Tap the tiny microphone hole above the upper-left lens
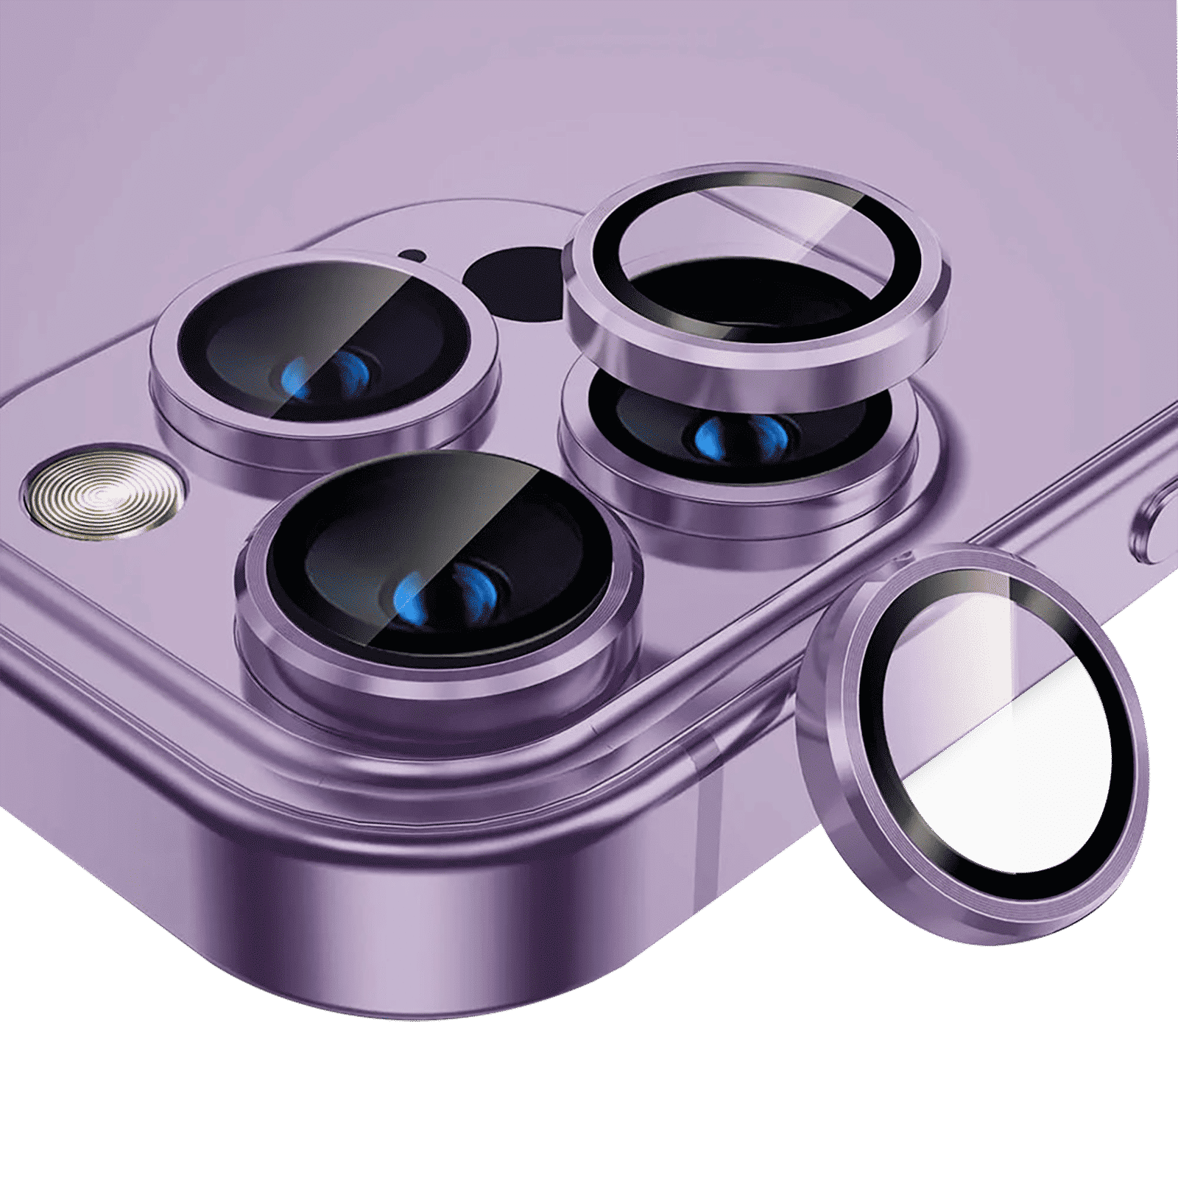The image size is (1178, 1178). [412, 256]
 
